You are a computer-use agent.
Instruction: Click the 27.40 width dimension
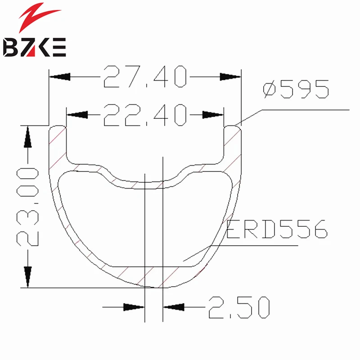click(144, 77)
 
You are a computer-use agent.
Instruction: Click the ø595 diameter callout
click(296, 90)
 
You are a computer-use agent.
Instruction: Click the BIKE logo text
click(35, 47)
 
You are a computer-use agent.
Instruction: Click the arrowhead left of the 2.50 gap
click(135, 307)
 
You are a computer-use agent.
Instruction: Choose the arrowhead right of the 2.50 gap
click(173, 307)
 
